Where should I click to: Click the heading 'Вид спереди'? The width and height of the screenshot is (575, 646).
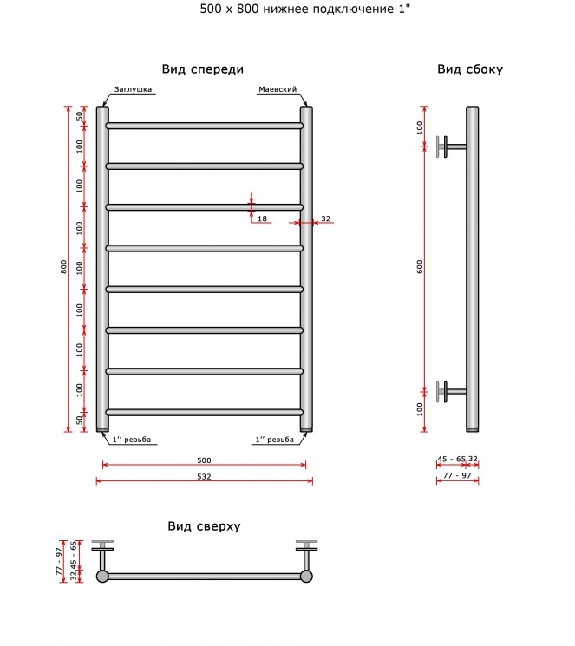tap(202, 69)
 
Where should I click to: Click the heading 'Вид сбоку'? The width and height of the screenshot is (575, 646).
tap(470, 69)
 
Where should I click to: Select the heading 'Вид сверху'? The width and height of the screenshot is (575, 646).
tap(204, 526)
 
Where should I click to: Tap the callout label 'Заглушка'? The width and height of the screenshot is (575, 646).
tap(133, 89)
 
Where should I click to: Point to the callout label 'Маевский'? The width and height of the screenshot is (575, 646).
tap(278, 89)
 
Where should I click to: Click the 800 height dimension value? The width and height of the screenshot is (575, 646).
tap(63, 267)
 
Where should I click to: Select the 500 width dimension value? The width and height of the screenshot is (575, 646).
tap(204, 460)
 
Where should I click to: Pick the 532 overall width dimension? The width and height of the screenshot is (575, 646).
tap(204, 476)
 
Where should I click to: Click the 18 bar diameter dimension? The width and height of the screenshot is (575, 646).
tap(262, 219)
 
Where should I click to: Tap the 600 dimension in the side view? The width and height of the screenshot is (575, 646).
tap(420, 267)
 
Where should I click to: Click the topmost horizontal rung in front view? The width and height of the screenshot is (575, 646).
tap(205, 126)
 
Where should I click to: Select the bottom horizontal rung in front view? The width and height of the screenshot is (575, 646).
tap(205, 412)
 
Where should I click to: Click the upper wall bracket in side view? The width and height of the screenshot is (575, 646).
tap(452, 147)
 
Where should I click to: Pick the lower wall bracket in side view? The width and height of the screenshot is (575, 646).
tap(452, 391)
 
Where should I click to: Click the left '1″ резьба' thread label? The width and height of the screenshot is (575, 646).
tap(132, 440)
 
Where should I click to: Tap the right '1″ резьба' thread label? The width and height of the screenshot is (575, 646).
tap(275, 440)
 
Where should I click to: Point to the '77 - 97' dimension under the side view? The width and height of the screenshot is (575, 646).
tap(457, 475)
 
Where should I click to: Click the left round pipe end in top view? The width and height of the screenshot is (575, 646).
tap(102, 577)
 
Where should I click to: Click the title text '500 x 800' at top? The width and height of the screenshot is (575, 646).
tap(229, 9)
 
